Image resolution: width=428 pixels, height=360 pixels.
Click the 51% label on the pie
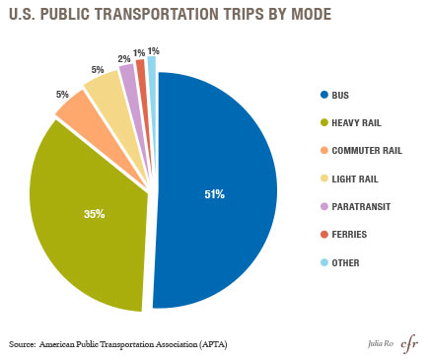[214, 194]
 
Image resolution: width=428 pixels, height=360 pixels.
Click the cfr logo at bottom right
[406, 342]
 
